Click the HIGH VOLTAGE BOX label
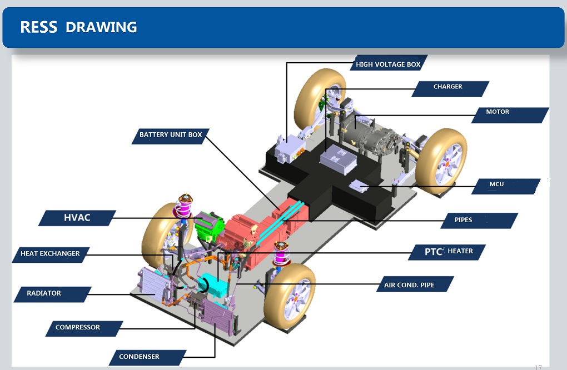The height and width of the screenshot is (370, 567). coord(388,64)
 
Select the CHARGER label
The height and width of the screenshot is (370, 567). coord(448,87)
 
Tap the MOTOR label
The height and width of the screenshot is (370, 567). coord(498,112)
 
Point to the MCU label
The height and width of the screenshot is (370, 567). coord(496,184)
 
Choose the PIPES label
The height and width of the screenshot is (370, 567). coord(464,220)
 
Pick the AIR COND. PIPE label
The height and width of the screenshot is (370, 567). coord(409,286)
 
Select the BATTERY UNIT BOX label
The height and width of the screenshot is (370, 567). coord(171,135)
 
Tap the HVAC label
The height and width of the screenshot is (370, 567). coord(77,218)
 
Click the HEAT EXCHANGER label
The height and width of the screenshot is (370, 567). coord(50,254)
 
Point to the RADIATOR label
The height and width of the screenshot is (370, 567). coord(44,293)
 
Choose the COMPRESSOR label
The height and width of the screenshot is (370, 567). coord(78,327)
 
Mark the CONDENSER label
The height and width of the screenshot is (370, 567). coord(139,357)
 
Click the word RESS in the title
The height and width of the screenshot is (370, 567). coord(38,27)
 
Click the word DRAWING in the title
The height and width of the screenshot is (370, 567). coord(101,27)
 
